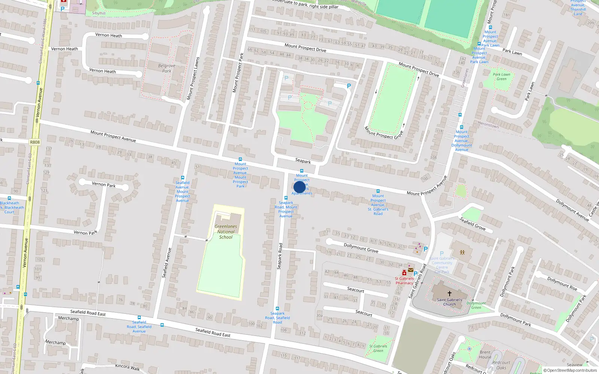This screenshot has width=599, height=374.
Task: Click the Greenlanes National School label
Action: point(226,232)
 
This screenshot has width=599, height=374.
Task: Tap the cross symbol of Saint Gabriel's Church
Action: point(450,294)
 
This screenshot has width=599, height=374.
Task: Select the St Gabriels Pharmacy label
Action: point(404,280)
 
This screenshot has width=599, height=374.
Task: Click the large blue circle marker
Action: point(299,187)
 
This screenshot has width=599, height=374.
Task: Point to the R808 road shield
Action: point(35,142)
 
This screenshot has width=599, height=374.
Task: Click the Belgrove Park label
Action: point(167,68)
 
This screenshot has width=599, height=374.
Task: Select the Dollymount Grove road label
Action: point(361,248)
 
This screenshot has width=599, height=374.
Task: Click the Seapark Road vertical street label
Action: point(280,256)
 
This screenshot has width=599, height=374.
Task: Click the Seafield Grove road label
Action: point(472,224)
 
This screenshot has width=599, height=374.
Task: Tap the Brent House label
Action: point(485,355)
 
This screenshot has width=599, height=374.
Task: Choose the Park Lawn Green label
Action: point(501,77)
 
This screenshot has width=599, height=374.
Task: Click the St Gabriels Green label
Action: point(378,348)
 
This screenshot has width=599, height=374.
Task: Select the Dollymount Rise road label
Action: point(562,283)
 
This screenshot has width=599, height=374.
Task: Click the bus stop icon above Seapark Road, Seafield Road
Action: point(277,309)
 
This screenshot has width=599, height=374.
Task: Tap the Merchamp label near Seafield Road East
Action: point(69,318)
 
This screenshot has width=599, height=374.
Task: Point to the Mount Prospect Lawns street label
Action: point(193,79)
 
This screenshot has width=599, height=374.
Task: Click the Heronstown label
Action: point(488,125)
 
